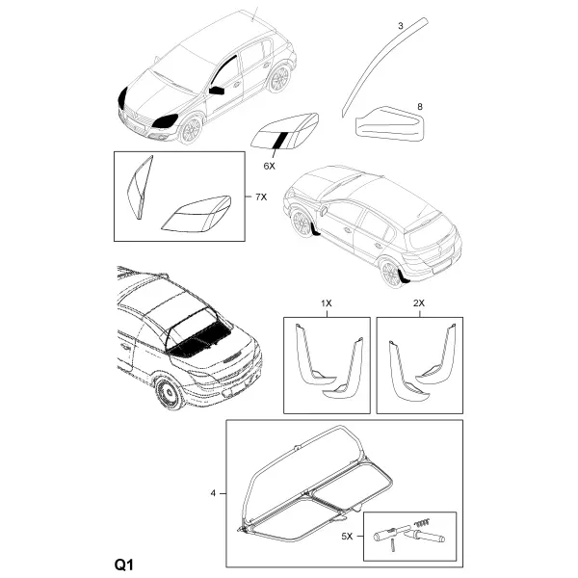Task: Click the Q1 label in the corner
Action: coord(123,565)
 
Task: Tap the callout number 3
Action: coord(401,26)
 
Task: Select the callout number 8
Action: coord(419,107)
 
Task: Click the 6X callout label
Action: coord(269,166)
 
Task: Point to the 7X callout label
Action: coord(261,197)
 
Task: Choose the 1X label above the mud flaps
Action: coord(327,303)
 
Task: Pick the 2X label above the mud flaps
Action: coord(419,303)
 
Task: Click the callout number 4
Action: coord(213,493)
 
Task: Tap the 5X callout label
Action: coord(347,537)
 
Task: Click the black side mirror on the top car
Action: coord(217,91)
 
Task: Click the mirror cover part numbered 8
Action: coord(390,124)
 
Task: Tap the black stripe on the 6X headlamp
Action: coord(279,140)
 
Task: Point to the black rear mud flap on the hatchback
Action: coord(404,276)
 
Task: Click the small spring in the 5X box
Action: coord(423,522)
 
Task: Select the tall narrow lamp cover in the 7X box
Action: coord(140,187)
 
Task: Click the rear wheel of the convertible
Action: coord(171,393)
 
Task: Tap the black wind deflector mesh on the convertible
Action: coord(199,341)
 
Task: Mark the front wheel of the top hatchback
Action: coord(191,130)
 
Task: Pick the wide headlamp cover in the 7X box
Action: coord(197,214)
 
